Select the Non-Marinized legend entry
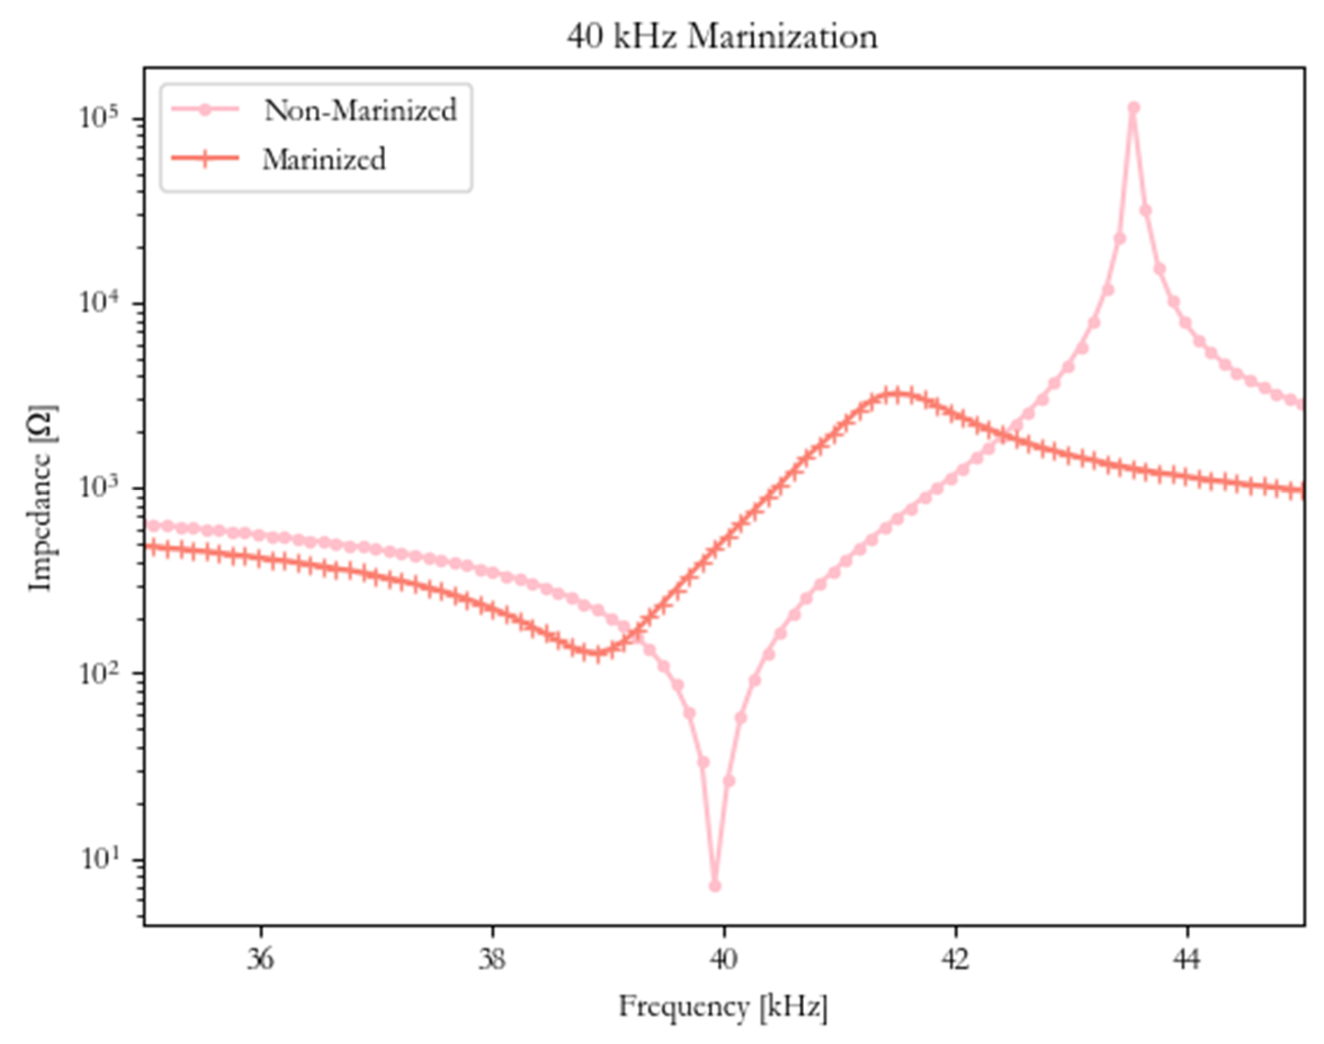pyautogui.click(x=359, y=111)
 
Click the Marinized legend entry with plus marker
pyautogui.click(x=324, y=159)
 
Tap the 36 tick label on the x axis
pyautogui.click(x=261, y=961)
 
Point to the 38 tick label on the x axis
pyautogui.click(x=492, y=961)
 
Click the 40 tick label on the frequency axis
pyautogui.click(x=724, y=961)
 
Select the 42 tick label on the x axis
pyautogui.click(x=955, y=961)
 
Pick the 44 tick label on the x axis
pyautogui.click(x=1187, y=961)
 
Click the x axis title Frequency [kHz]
pyautogui.click(x=723, y=1007)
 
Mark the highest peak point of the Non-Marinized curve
pyautogui.click(x=1133, y=108)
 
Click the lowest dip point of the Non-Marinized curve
pyautogui.click(x=714, y=886)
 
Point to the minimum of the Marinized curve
pyautogui.click(x=597, y=654)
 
